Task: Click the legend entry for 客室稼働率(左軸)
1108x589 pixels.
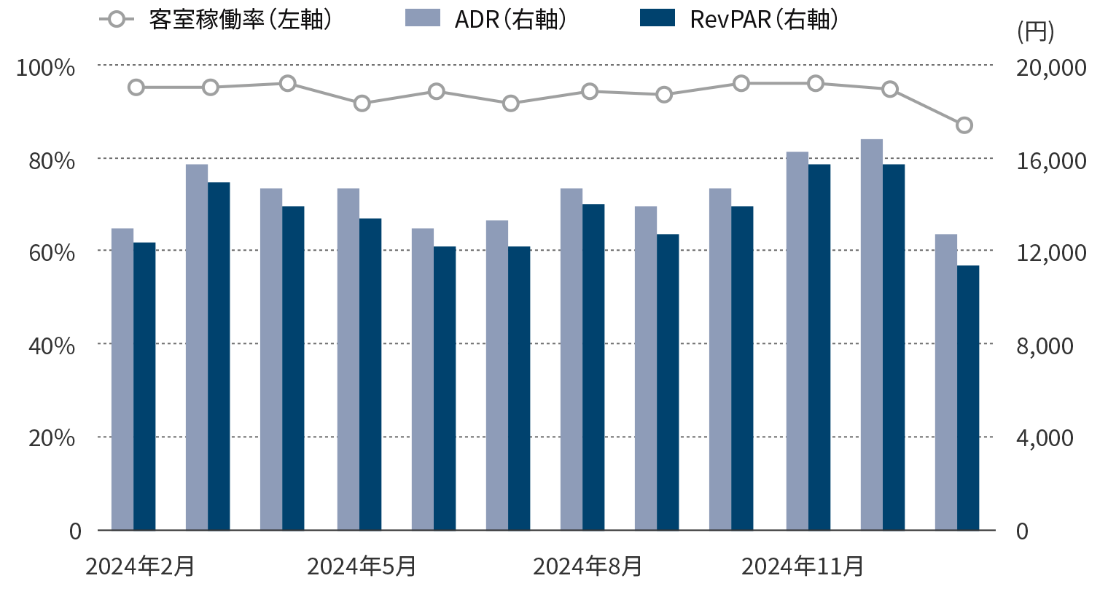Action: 216,20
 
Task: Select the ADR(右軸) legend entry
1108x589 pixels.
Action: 486,20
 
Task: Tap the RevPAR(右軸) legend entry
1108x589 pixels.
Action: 738,20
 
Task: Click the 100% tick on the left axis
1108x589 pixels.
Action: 46,68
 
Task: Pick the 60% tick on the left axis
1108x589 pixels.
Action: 51,253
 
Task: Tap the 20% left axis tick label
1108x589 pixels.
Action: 51,438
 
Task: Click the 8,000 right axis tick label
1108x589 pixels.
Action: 1045,346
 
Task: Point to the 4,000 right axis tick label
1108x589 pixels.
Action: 1045,438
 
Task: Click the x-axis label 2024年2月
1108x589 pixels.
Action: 140,566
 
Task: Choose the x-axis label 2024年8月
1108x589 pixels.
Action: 588,566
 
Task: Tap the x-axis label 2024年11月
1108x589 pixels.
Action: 803,566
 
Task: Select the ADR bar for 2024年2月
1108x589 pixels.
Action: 122,379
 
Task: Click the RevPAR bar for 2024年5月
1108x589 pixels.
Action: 370,374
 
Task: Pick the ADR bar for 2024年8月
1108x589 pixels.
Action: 571,359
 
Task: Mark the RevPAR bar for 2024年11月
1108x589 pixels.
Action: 819,347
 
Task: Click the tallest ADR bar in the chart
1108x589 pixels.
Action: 872,335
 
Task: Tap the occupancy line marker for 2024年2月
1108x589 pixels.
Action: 136,87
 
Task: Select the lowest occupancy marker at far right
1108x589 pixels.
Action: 964,125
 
